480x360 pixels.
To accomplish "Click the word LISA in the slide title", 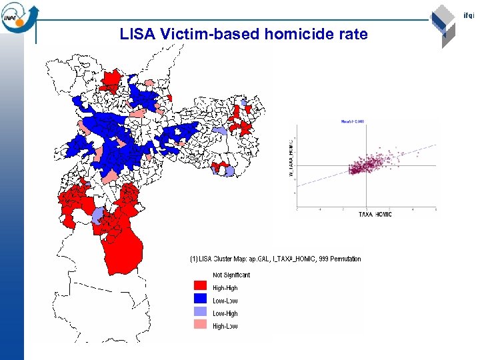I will point(138,34).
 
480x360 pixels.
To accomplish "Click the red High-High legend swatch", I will point(201,288).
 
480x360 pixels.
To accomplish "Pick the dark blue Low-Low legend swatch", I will point(201,301).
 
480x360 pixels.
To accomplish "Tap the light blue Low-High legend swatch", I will point(201,313).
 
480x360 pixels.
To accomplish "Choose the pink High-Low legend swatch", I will point(201,326).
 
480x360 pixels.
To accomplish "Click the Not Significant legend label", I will point(231,275).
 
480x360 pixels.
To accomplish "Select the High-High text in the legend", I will point(225,288).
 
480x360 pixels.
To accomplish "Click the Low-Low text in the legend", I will point(225,301).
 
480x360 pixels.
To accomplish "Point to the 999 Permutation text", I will point(341,259).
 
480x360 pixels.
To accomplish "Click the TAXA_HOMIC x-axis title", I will point(375,214).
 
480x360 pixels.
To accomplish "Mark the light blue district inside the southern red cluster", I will point(97,215).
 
